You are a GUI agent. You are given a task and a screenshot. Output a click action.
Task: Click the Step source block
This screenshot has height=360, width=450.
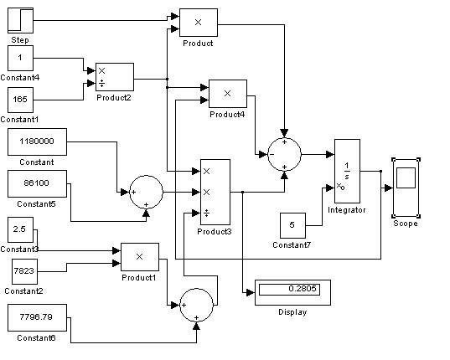(20, 20)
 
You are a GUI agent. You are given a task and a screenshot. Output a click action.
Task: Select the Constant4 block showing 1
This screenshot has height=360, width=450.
(20, 58)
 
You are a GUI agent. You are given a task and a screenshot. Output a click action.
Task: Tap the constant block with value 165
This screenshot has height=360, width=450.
(20, 100)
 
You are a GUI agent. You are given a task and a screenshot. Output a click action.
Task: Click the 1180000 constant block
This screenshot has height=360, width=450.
(38, 141)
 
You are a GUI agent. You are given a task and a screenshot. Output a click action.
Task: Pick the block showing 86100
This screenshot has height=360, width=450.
(38, 183)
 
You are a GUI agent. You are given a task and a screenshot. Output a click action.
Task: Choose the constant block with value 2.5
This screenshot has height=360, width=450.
(20, 229)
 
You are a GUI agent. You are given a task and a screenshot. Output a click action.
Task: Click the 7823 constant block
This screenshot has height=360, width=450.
(24, 271)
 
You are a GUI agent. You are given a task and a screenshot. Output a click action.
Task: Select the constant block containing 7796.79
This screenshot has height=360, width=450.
(38, 317)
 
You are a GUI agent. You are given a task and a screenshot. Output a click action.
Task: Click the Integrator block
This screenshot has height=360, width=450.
(347, 171)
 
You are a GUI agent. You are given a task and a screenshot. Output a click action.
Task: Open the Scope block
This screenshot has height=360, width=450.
(406, 188)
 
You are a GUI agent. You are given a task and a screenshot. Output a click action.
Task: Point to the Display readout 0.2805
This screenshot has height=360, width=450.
(292, 293)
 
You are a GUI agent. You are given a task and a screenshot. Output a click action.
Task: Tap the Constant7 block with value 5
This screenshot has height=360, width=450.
(292, 225)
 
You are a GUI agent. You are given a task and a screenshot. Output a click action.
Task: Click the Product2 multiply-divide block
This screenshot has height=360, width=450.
(115, 77)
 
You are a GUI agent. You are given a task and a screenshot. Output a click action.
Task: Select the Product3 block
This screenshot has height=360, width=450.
(215, 192)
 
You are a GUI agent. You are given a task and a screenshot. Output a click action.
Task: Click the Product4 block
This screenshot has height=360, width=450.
(228, 94)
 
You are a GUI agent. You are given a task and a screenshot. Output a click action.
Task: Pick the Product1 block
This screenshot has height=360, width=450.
(140, 257)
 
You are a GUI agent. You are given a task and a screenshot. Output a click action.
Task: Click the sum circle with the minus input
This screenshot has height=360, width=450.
(284, 155)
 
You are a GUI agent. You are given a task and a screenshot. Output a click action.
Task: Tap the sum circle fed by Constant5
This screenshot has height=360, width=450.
(147, 192)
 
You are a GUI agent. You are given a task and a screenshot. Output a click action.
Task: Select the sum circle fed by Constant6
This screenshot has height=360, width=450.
(197, 305)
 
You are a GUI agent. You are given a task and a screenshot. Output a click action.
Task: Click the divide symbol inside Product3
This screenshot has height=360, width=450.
(206, 213)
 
